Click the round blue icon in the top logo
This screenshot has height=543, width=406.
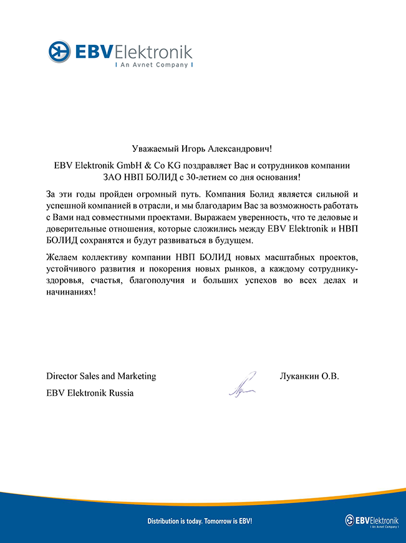(x=59, y=50)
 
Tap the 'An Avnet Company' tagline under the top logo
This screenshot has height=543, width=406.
(x=153, y=64)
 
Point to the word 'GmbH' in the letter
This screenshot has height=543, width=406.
(x=122, y=166)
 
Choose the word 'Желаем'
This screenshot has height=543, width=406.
(x=62, y=257)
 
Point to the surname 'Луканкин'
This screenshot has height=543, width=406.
(x=299, y=376)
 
